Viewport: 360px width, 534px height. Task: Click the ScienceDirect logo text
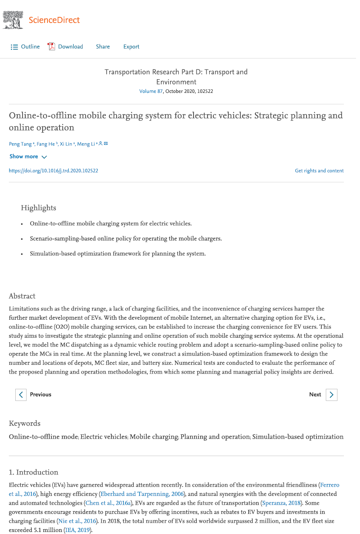coord(54,20)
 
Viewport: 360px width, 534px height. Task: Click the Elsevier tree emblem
coord(13,20)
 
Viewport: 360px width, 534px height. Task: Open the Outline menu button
coord(25,47)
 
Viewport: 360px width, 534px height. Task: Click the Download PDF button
coord(66,47)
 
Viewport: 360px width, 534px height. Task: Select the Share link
coord(103,47)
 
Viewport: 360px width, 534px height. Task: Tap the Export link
coord(131,47)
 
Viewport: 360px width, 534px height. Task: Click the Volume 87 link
coord(151,91)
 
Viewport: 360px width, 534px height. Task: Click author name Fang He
coord(46,144)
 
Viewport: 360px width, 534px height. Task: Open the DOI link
coord(53,170)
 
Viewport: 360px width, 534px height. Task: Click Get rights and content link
coord(319,170)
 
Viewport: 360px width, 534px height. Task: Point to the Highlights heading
coord(39,208)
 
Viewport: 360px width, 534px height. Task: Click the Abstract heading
coord(22,296)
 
